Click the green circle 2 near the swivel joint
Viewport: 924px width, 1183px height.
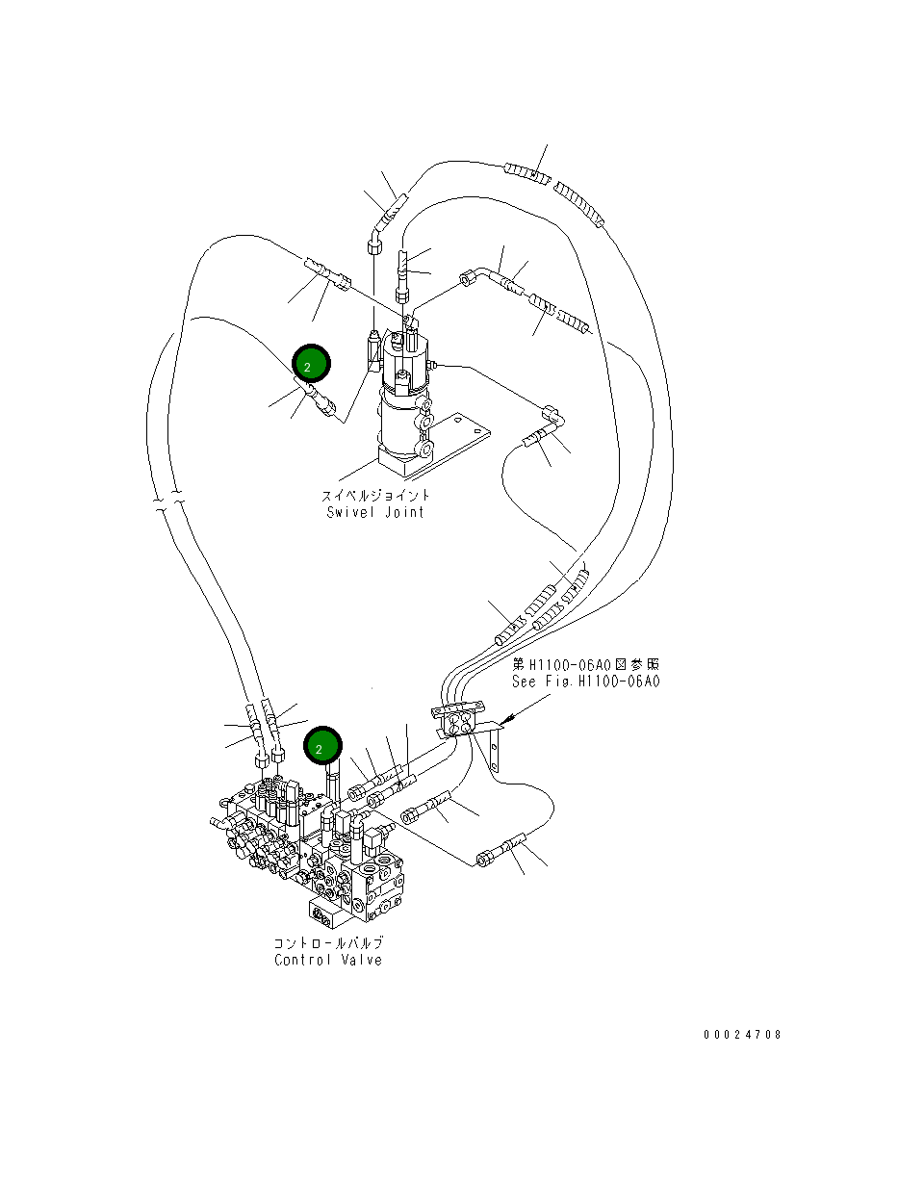click(311, 365)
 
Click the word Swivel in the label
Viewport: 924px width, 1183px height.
click(351, 512)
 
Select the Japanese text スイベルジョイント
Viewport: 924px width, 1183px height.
click(375, 496)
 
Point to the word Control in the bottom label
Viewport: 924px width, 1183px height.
click(301, 960)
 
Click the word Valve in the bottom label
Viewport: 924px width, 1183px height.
click(362, 960)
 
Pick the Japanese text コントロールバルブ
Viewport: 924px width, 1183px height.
click(328, 942)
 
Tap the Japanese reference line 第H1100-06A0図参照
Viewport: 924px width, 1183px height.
click(585, 664)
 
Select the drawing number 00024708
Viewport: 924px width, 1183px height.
click(741, 1035)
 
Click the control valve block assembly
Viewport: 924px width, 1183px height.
click(308, 847)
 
